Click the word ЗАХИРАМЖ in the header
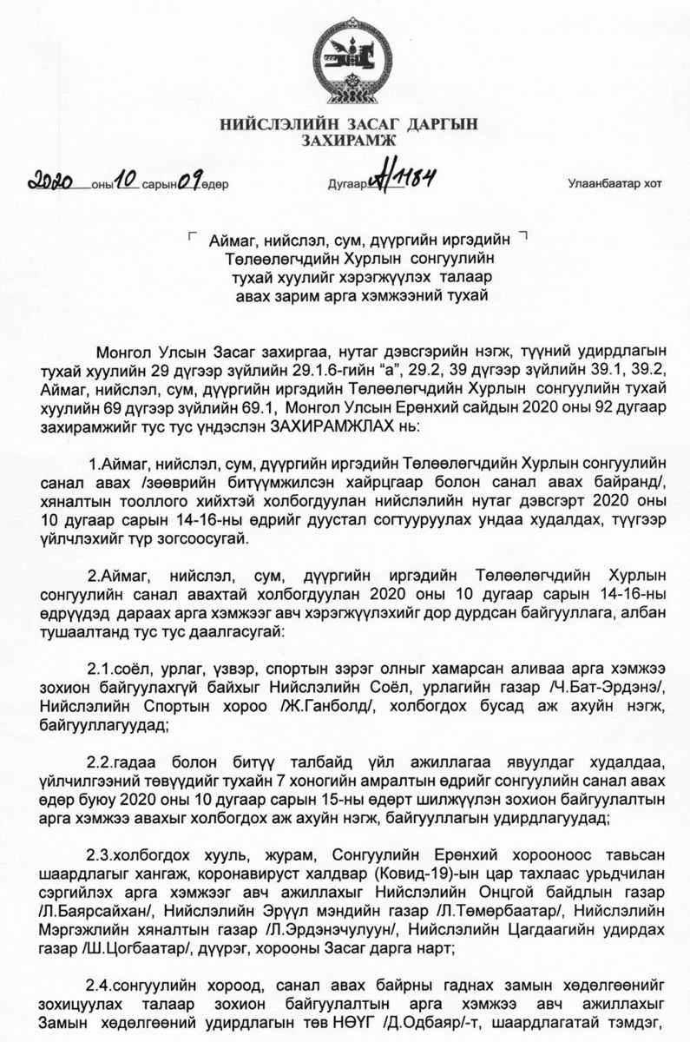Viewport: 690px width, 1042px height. coord(347,140)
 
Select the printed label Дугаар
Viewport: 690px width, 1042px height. coord(345,185)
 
